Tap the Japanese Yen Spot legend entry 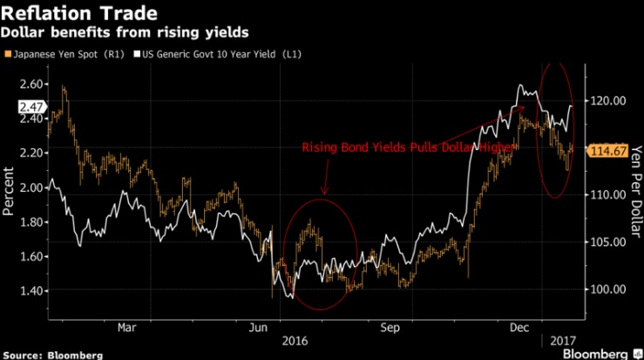tap(66, 55)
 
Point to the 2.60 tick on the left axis tap(29, 84)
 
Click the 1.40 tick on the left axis tap(29, 290)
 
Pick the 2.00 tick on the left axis tap(29, 187)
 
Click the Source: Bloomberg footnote tap(52, 354)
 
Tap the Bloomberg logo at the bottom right tap(595, 353)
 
